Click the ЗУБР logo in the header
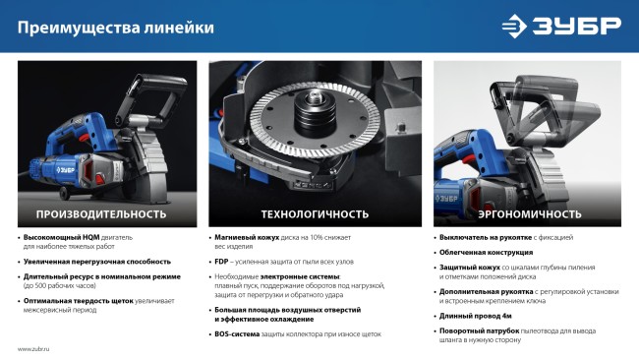(561, 27)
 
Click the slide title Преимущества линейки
(116, 28)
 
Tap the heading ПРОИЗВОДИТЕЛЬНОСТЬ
(101, 213)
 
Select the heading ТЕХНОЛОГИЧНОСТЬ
(315, 213)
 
